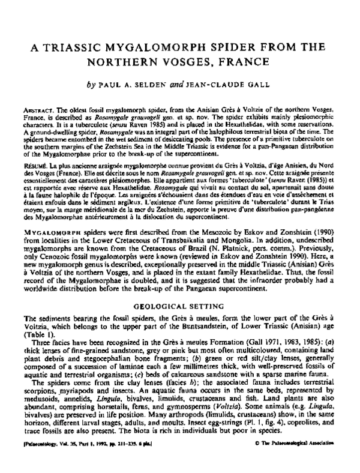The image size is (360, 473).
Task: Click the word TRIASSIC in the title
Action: click(89, 47)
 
